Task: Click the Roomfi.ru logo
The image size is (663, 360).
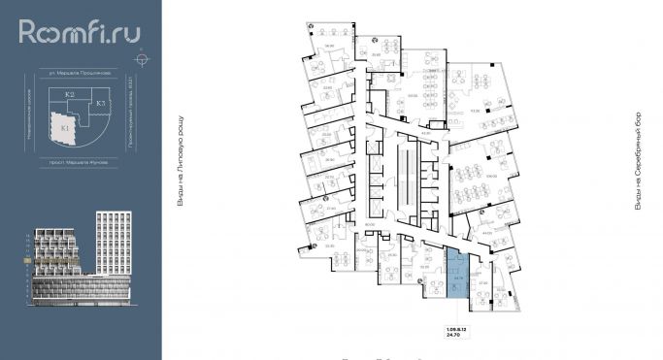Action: [80, 34]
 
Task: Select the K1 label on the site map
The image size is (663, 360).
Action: [65, 125]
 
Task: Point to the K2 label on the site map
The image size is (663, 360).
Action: [70, 94]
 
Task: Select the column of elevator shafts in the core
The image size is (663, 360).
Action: [416, 175]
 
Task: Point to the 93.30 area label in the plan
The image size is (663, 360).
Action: [475, 111]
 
